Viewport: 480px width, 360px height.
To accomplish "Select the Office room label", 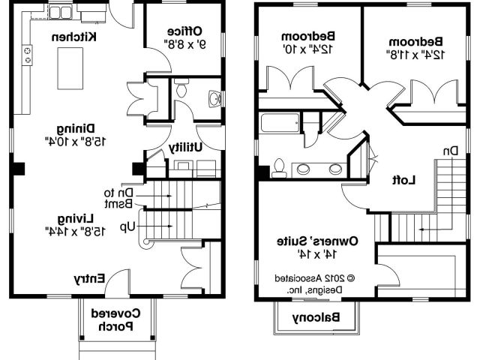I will point(184,31).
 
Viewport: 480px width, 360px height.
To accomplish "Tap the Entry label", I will point(88,278).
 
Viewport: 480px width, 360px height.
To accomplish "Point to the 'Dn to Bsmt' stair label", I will point(118,197).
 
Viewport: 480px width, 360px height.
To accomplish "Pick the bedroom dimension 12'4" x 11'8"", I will point(417,55).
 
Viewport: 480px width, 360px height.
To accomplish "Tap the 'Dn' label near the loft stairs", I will point(450,151).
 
